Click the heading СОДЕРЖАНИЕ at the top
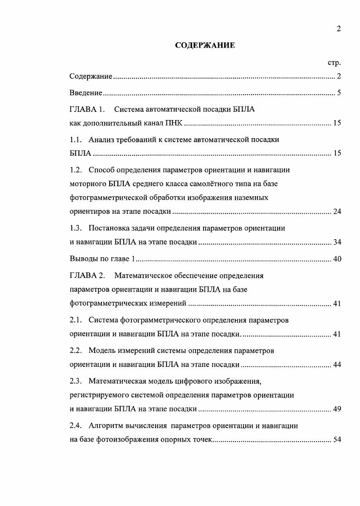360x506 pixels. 205,45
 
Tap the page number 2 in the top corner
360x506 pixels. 338,29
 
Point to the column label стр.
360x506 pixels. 334,63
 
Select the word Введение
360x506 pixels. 86,93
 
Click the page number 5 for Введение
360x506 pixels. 339,93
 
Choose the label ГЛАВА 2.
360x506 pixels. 87,275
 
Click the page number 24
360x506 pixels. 337,212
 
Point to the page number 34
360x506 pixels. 337,242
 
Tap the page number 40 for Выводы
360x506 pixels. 337,259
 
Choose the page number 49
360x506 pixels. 337,409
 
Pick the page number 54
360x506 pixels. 337,439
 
